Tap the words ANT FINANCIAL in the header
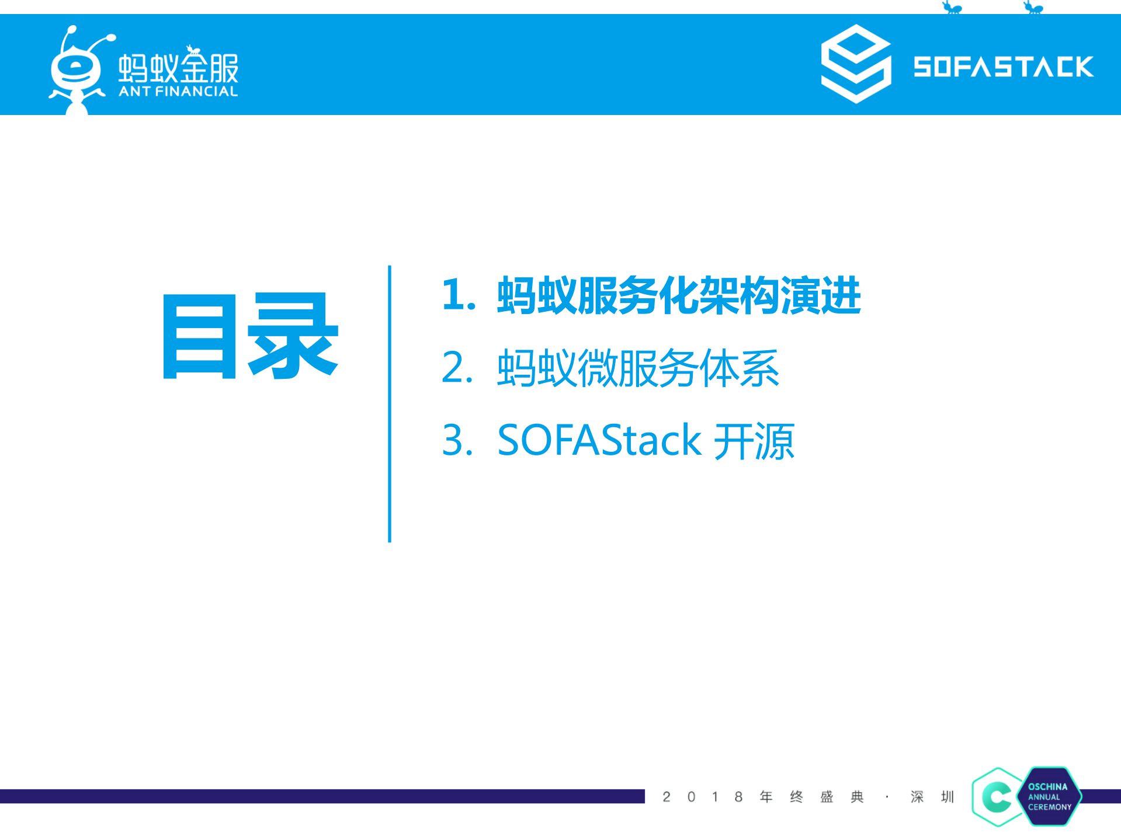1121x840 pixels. coord(178,92)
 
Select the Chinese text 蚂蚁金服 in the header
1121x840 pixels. coord(178,67)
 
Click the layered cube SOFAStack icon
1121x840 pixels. coord(856,64)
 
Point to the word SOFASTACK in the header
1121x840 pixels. coord(1003,67)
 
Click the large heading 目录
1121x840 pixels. coord(250,336)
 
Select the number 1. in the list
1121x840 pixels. coord(459,295)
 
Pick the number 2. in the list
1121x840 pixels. coord(457,368)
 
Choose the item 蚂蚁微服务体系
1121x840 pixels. coord(638,368)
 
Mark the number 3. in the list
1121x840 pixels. coord(457,440)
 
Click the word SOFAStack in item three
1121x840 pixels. coord(599,440)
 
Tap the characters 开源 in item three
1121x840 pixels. coord(754,441)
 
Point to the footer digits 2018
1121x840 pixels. coord(702,797)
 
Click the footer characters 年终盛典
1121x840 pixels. coord(811,797)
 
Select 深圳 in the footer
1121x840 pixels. coord(932,797)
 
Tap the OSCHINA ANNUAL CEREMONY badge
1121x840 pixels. coord(1050,797)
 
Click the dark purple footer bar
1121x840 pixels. coord(321,796)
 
